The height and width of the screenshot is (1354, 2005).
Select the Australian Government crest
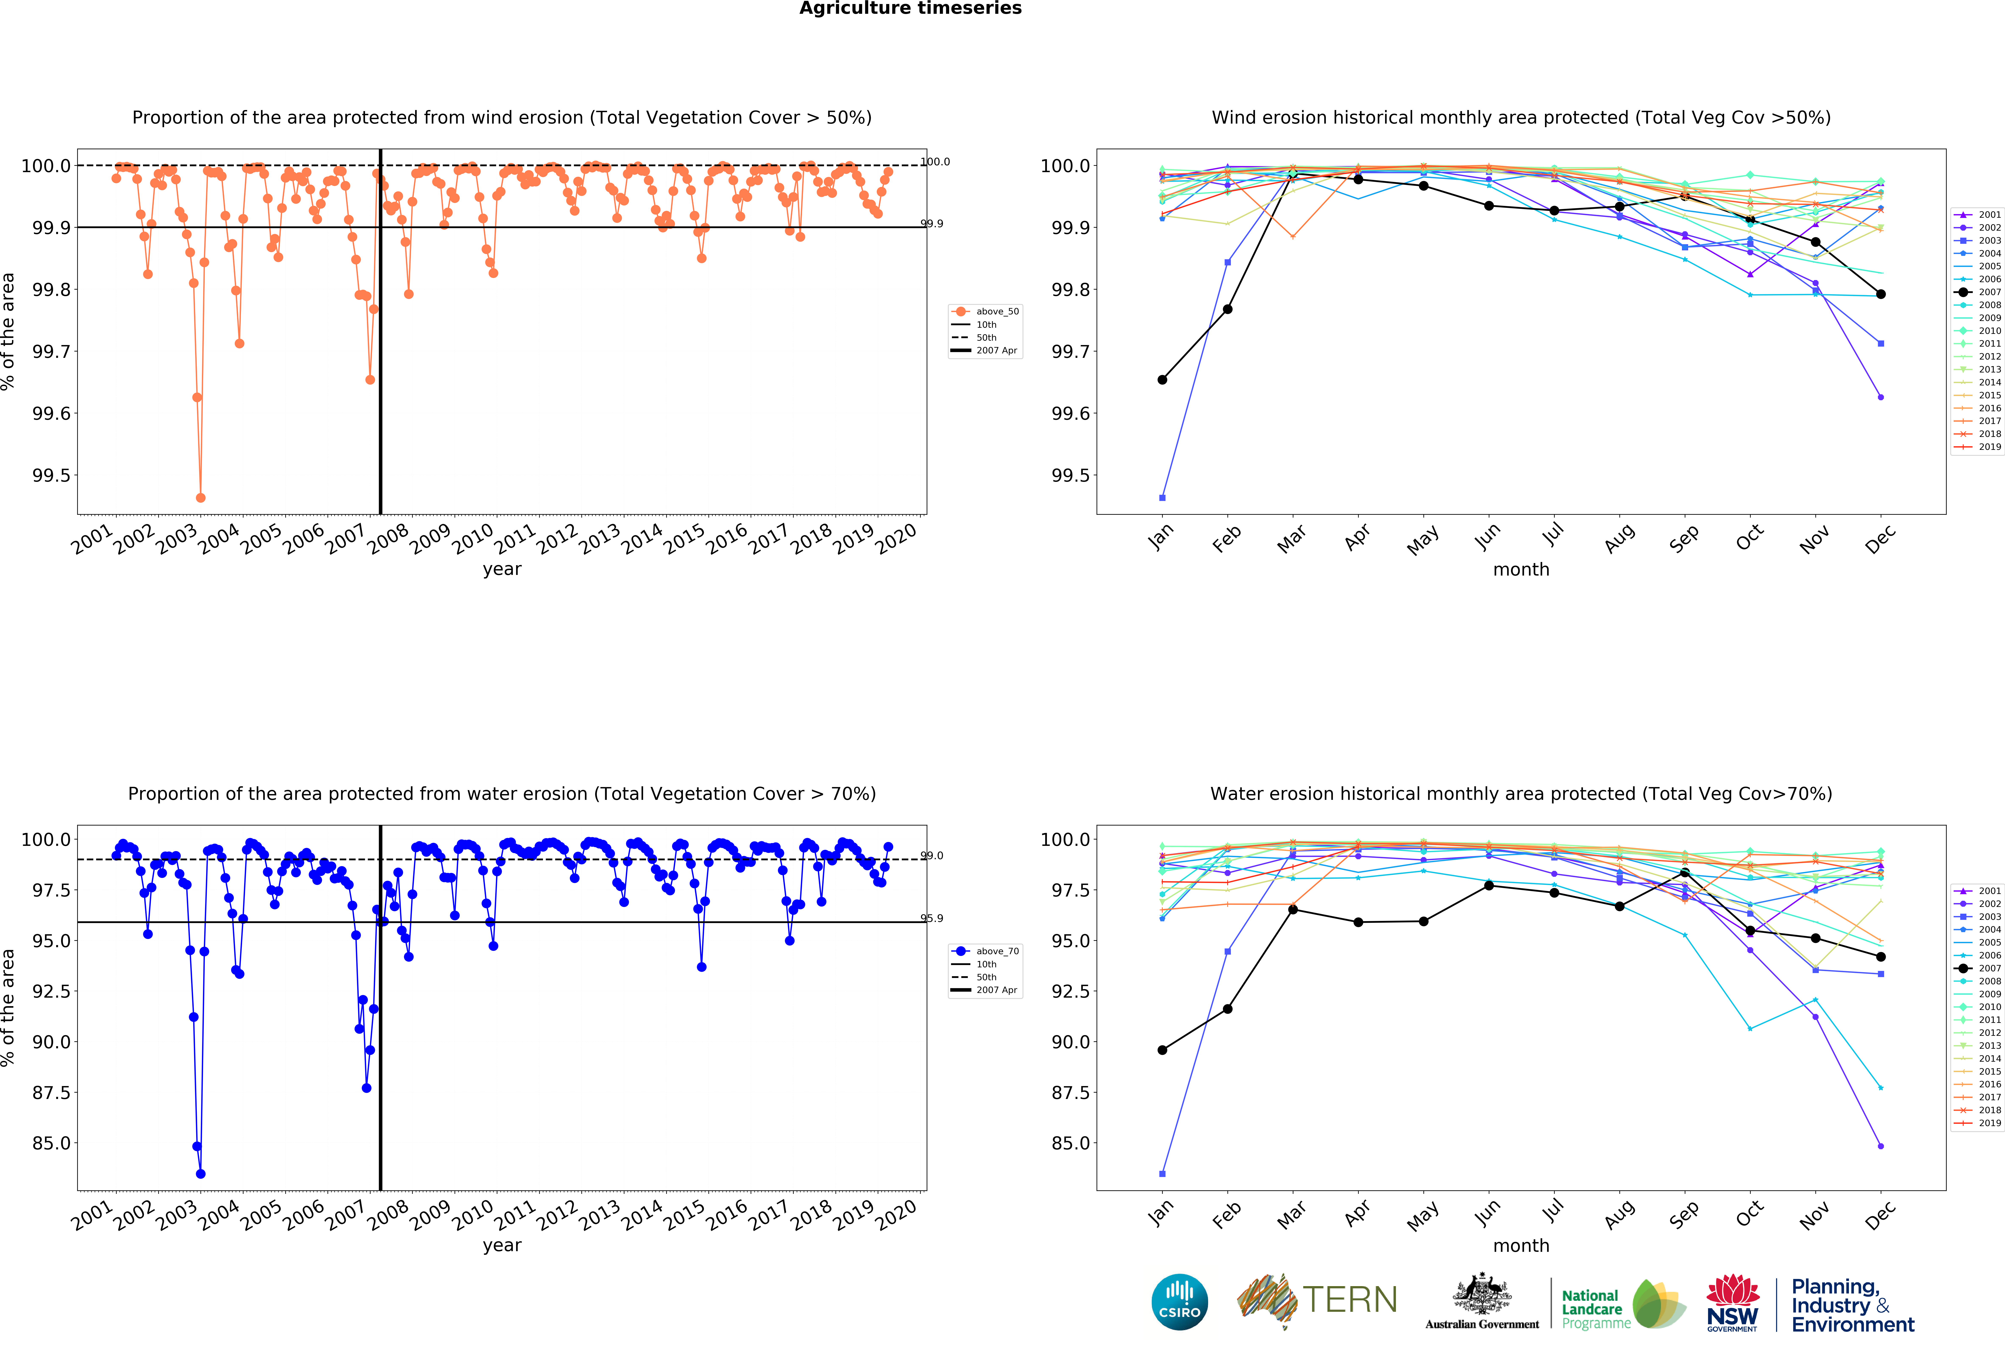(1481, 1294)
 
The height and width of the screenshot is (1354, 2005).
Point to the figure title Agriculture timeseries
(910, 9)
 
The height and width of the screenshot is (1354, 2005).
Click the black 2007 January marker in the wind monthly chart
(1162, 379)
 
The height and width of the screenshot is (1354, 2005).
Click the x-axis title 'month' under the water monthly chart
(1521, 1245)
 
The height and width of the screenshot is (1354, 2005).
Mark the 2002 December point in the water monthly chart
(1881, 1146)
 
